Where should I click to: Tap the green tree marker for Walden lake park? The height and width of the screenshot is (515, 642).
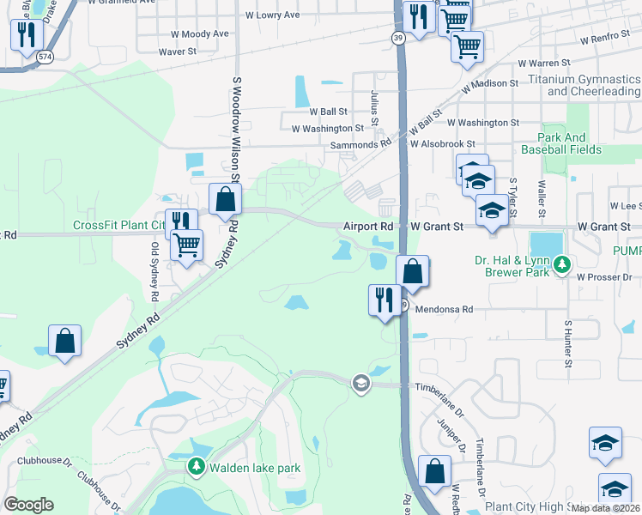point(196,468)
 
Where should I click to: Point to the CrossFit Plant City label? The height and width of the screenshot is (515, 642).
point(118,226)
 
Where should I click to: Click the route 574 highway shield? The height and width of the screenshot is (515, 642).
point(45,57)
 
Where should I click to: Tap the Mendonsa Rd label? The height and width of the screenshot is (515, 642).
point(444,309)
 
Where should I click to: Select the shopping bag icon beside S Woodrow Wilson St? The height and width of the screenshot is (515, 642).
point(224,199)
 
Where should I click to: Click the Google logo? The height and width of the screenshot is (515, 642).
point(28,505)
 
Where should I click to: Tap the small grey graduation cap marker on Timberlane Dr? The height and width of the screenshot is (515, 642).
point(360,383)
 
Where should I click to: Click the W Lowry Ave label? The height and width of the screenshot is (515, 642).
point(272,15)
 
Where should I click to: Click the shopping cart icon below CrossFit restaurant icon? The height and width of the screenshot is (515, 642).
point(186,245)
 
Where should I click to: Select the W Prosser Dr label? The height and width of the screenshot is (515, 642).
point(604,277)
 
